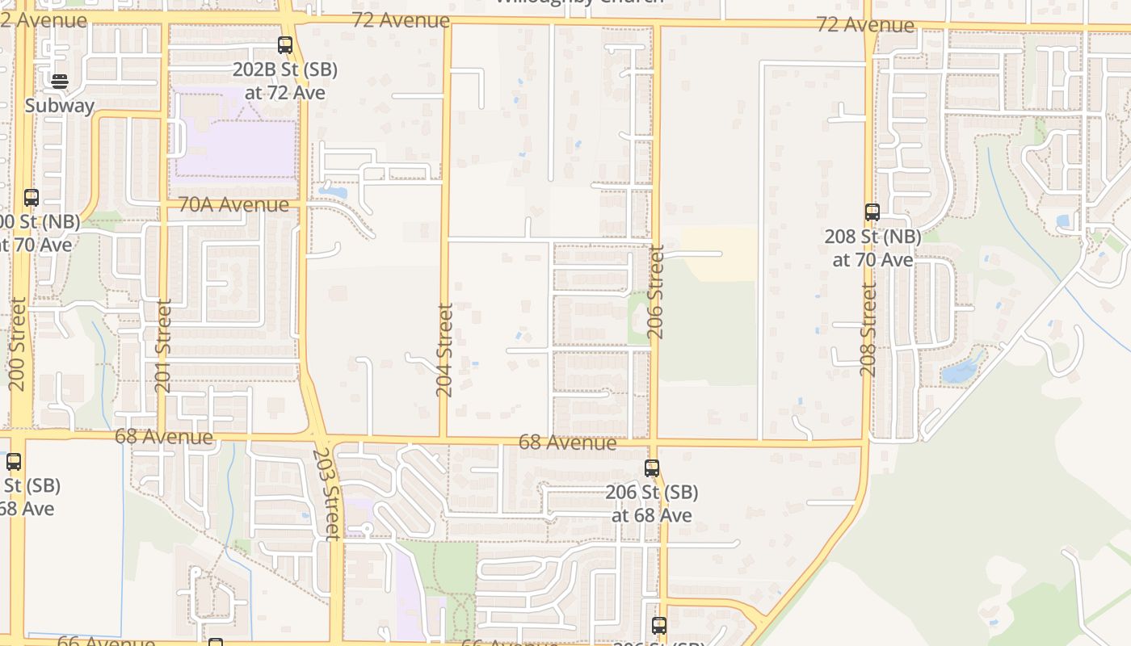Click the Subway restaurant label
click(60, 106)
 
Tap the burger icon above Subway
click(60, 81)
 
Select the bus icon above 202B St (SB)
click(285, 45)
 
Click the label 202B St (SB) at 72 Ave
click(285, 81)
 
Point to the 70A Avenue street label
click(233, 205)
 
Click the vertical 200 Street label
click(18, 344)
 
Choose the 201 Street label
click(163, 346)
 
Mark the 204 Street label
click(444, 350)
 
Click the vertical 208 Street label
click(868, 329)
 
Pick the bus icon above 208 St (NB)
click(872, 212)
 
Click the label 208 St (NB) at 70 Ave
click(872, 248)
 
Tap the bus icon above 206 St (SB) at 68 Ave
click(652, 468)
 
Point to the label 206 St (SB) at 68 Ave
click(652, 503)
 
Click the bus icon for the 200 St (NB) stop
click(32, 197)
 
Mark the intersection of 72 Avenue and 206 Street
click(656, 24)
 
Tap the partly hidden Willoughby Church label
click(578, 2)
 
